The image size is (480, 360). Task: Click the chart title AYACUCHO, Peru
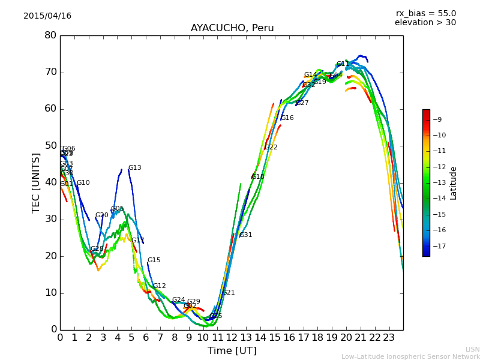[232, 28]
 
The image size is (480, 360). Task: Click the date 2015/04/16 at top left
[47, 16]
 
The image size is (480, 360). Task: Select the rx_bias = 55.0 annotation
[425, 14]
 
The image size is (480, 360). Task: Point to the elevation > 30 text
[425, 23]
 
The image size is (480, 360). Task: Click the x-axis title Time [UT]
[232, 351]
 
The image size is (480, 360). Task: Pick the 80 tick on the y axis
[50, 35]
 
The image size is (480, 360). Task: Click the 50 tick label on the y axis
[50, 146]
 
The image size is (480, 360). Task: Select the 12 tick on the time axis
[232, 338]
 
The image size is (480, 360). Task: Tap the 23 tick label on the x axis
[389, 338]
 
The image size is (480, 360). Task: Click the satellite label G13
[135, 168]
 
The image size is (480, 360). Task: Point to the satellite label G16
[287, 118]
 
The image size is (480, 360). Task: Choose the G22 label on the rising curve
[271, 148]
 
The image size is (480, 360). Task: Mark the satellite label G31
[246, 235]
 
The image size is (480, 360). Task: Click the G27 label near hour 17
[302, 103]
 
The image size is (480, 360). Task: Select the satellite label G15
[154, 260]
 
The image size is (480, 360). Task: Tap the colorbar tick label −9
[439, 119]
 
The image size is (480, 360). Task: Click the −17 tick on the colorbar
[439, 246]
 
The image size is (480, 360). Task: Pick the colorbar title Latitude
[454, 183]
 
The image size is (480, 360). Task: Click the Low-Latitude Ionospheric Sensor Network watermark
[410, 357]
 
